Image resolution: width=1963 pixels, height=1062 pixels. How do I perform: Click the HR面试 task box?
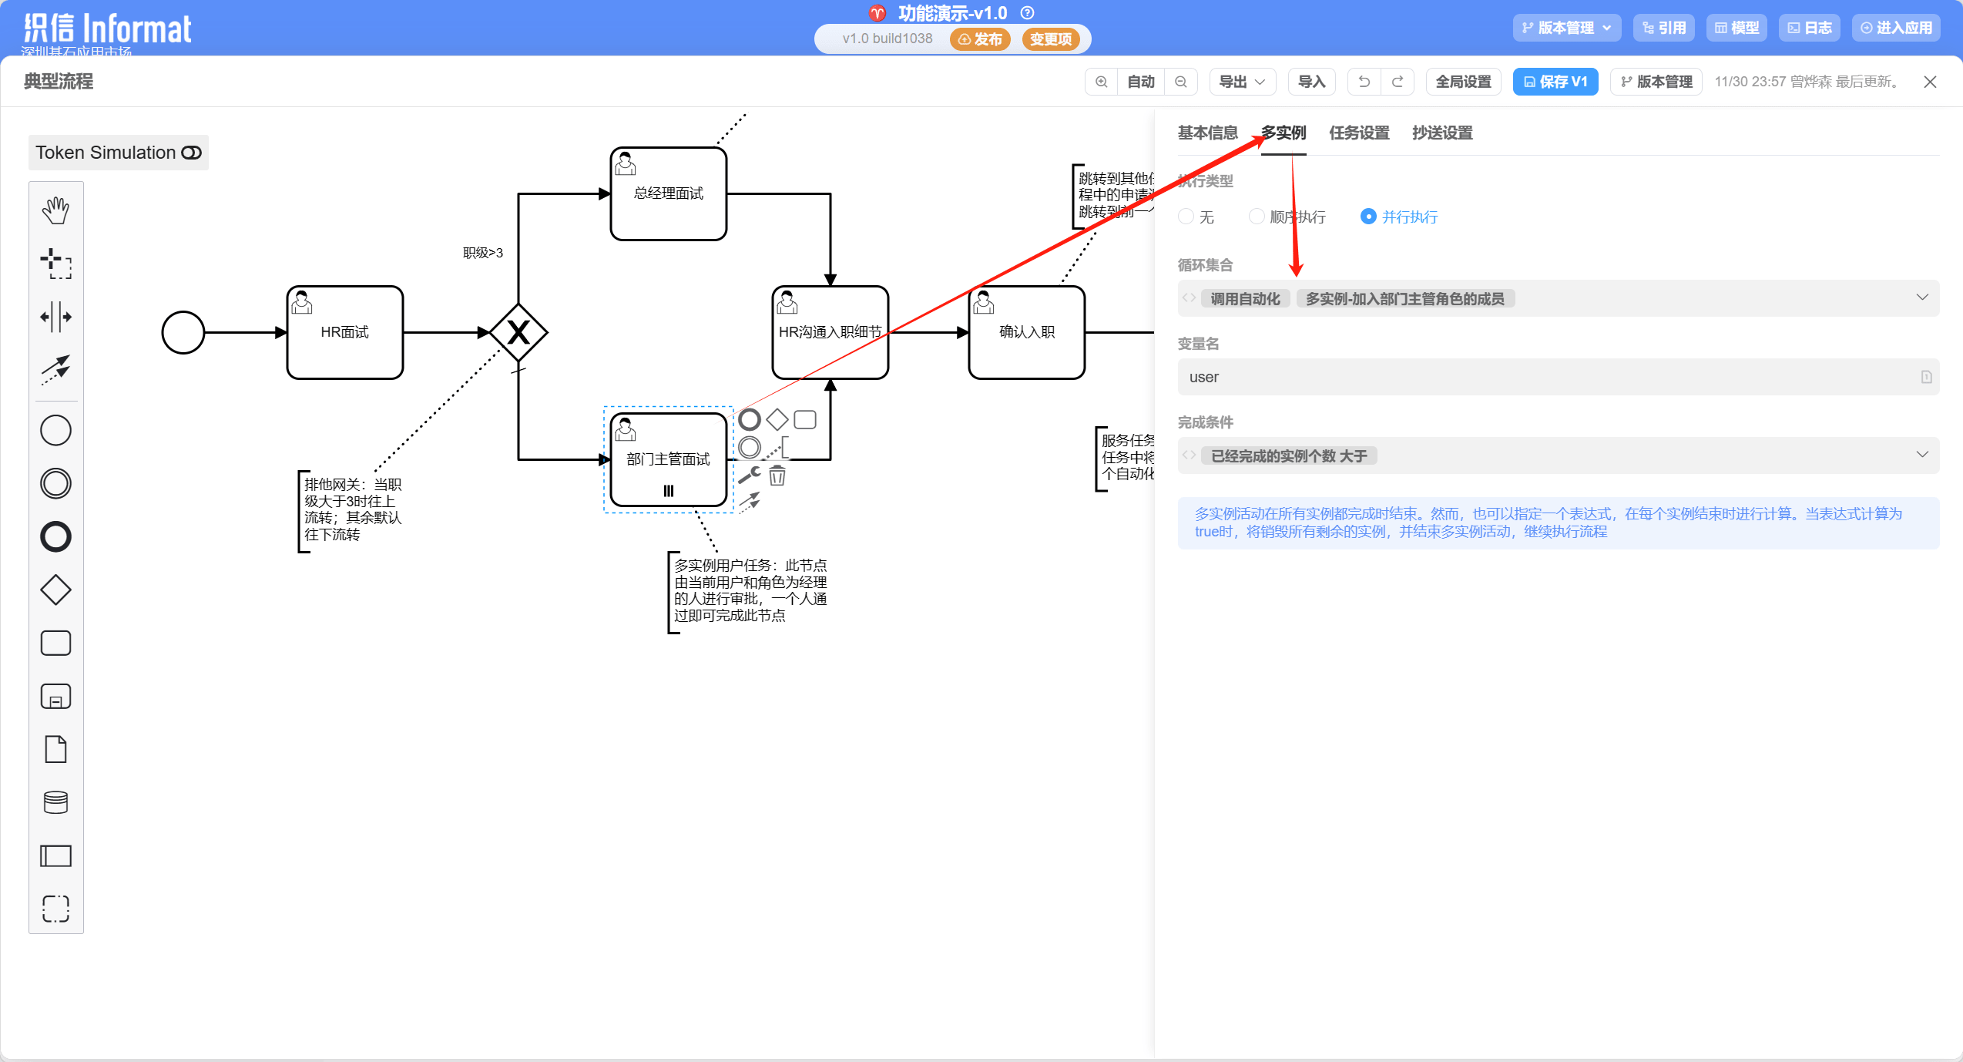tap(344, 332)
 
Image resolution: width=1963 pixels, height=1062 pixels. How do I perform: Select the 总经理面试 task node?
tap(668, 193)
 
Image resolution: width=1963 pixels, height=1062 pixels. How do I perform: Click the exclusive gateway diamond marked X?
tap(518, 332)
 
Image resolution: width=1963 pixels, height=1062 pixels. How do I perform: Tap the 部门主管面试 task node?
tap(668, 459)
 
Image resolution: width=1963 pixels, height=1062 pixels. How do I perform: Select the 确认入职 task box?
tap(1026, 332)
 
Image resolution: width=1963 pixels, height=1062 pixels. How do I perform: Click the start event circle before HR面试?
tap(183, 332)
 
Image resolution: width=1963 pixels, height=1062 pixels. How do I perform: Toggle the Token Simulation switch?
tap(191, 153)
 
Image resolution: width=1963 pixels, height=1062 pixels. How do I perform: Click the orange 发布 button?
tap(980, 39)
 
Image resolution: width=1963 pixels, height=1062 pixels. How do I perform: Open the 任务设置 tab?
tap(1359, 133)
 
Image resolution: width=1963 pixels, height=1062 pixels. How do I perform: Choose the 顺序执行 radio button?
tap(1257, 217)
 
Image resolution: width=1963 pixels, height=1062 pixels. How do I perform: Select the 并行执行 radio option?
tap(1368, 217)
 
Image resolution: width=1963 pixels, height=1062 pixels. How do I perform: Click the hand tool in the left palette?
tap(55, 210)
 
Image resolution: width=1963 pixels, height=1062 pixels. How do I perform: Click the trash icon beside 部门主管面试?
tap(777, 476)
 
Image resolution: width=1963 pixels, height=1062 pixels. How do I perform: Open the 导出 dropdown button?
tap(1242, 82)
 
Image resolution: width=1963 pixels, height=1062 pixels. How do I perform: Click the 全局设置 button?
tap(1463, 82)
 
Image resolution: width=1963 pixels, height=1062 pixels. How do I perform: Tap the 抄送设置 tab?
tap(1442, 133)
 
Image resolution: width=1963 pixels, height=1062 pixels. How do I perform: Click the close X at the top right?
tap(1930, 82)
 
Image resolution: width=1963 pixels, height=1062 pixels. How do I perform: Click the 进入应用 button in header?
tap(1896, 28)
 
